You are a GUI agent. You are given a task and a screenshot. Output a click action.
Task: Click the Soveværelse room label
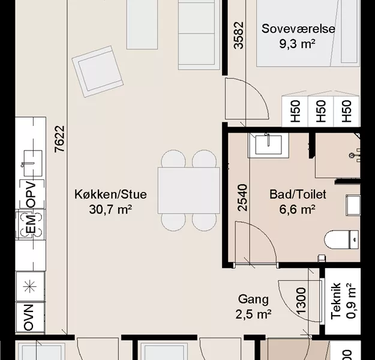click(298, 29)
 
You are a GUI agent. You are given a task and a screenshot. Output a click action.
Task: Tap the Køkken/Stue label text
click(110, 194)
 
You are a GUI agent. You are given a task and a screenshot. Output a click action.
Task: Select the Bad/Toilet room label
click(298, 194)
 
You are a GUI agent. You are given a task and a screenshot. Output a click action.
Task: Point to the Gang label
click(253, 299)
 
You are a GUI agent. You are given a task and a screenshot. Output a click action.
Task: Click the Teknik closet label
click(336, 301)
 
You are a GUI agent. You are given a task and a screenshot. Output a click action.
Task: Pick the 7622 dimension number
click(59, 139)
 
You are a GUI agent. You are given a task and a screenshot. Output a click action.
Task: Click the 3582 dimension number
click(239, 35)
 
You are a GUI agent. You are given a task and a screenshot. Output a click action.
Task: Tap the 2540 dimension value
click(242, 197)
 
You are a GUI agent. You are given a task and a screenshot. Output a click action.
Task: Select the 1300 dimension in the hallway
click(301, 301)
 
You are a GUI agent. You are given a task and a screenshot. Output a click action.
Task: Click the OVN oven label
click(29, 317)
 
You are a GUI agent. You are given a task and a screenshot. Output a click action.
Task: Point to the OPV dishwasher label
click(31, 194)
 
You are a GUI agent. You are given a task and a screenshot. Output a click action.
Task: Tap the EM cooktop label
click(31, 224)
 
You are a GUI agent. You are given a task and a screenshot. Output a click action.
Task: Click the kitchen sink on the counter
click(33, 163)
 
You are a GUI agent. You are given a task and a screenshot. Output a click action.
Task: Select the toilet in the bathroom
click(341, 239)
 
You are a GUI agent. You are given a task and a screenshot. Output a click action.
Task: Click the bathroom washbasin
click(268, 145)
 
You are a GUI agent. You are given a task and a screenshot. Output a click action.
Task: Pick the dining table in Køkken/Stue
click(188, 190)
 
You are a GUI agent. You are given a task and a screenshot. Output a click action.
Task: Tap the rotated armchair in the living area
click(98, 71)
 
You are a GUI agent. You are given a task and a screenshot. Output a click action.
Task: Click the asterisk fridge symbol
click(31, 287)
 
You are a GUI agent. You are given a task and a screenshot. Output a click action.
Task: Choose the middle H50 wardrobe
click(321, 111)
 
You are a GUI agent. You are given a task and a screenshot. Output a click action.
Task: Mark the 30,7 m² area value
click(110, 209)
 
